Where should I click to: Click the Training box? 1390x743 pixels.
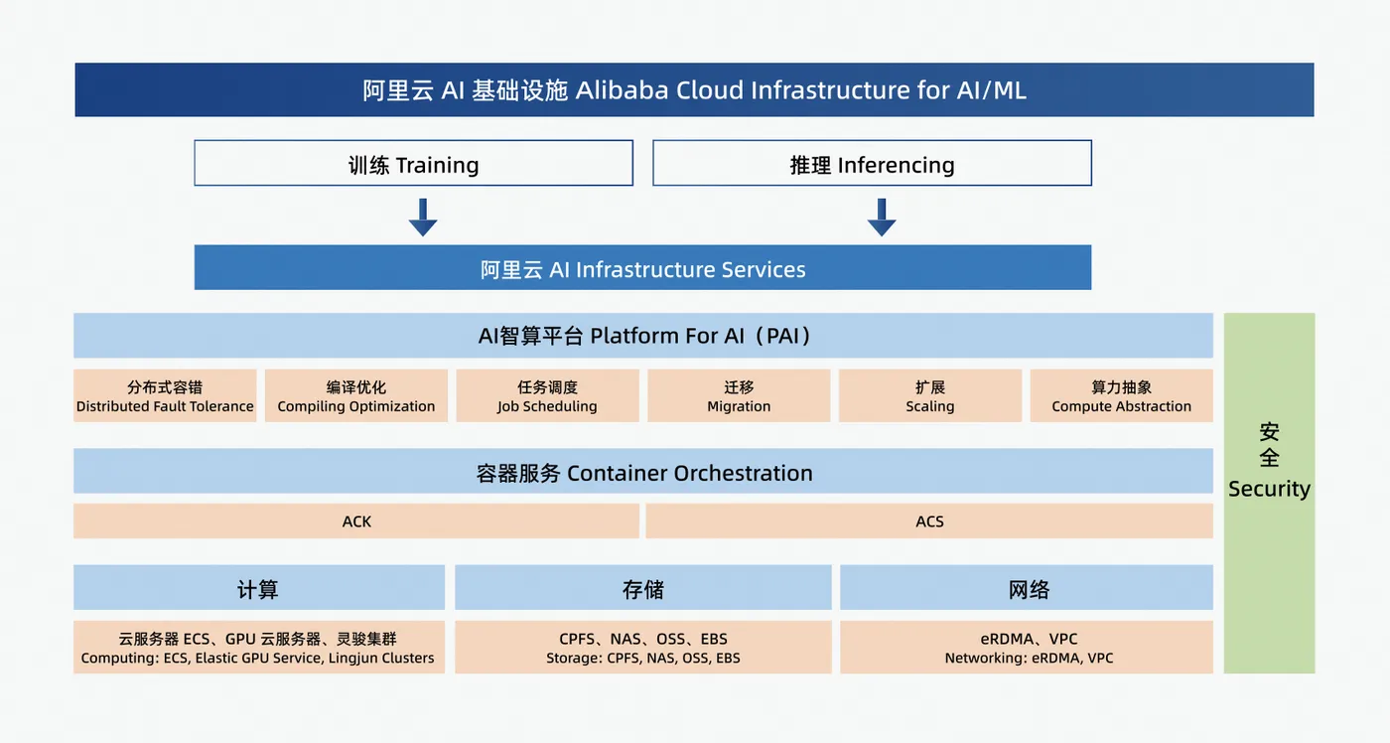[413, 163]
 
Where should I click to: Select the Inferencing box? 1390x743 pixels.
[872, 163]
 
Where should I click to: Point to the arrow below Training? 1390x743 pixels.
[423, 217]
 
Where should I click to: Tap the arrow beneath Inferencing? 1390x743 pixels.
[882, 217]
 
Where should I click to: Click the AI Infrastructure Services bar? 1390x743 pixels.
[642, 268]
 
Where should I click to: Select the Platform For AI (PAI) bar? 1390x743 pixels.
[643, 336]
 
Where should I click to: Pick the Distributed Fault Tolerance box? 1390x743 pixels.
[165, 395]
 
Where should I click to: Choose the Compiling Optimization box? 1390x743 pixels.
[356, 395]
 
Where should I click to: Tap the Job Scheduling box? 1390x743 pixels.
[547, 395]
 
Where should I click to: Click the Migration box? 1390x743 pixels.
[739, 395]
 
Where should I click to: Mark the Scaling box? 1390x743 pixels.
[930, 395]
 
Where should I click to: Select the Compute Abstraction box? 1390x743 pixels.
[1121, 395]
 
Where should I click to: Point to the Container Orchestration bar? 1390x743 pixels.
[643, 472]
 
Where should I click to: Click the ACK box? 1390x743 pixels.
[356, 521]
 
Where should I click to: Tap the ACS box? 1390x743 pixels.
[929, 521]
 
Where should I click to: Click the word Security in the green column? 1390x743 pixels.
[1269, 489]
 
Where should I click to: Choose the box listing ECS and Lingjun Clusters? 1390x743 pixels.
[258, 648]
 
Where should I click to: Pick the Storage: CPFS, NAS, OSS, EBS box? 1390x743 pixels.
[643, 648]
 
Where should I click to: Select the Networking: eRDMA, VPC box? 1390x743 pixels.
[1027, 648]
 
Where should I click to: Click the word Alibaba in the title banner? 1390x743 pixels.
[623, 90]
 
